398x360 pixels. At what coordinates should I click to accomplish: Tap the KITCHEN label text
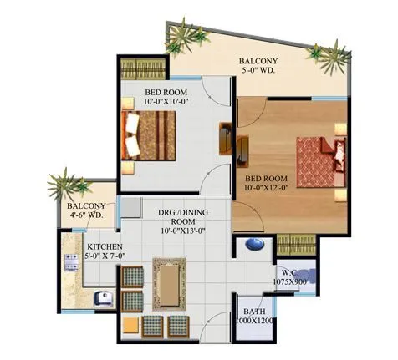[x=105, y=246]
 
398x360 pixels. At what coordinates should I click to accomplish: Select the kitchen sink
[x=104, y=297]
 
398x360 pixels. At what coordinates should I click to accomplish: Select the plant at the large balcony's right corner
[x=319, y=53]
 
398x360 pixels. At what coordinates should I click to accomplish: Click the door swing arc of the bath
[x=220, y=322]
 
